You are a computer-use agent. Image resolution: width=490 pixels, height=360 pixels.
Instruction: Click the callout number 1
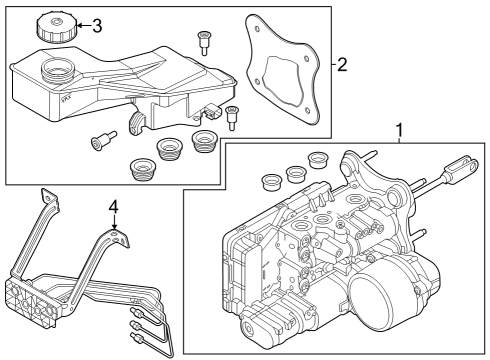(400, 130)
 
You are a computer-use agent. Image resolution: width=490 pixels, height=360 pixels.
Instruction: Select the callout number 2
(342, 66)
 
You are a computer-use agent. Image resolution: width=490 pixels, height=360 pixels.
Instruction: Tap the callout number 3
(96, 25)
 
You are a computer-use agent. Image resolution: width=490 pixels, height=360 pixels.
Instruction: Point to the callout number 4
(114, 208)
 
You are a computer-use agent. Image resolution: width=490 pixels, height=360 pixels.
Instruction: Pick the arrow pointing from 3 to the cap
(80, 25)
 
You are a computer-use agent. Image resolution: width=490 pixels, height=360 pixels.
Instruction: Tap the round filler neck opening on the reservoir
(55, 73)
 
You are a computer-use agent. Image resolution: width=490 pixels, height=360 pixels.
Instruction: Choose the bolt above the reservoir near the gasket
(205, 42)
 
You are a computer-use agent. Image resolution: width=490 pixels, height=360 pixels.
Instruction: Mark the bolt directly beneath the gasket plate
(232, 116)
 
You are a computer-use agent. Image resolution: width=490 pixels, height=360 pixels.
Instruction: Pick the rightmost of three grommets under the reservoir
(205, 138)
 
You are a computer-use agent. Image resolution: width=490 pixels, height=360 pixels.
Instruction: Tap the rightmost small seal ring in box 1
(319, 160)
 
